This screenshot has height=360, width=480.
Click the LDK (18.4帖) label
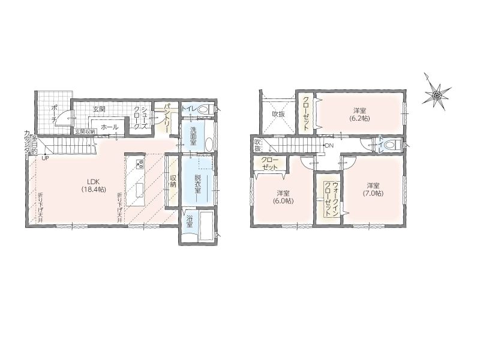pos(94,185)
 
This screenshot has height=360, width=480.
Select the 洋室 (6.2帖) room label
pos(359,115)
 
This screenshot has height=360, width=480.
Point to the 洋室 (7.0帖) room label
pos(373,190)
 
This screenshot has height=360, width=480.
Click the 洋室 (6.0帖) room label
pos(283,197)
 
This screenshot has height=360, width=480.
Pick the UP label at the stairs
pos(46,158)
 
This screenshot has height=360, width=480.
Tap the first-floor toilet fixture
pos(205,109)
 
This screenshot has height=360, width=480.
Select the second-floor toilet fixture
pos(393,145)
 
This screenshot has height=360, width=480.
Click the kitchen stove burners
pos(140,164)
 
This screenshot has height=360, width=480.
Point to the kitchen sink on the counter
pos(140,191)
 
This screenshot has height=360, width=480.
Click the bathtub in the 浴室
pos(206,226)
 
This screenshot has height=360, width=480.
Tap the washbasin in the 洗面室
pos(209,144)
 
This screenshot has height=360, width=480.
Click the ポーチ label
pos(54,114)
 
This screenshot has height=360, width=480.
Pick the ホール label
pos(109,127)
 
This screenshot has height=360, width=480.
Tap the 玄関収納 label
pos(85,131)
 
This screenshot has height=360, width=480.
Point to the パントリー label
pos(167,118)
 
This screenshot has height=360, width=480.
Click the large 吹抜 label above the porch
pos(278,114)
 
